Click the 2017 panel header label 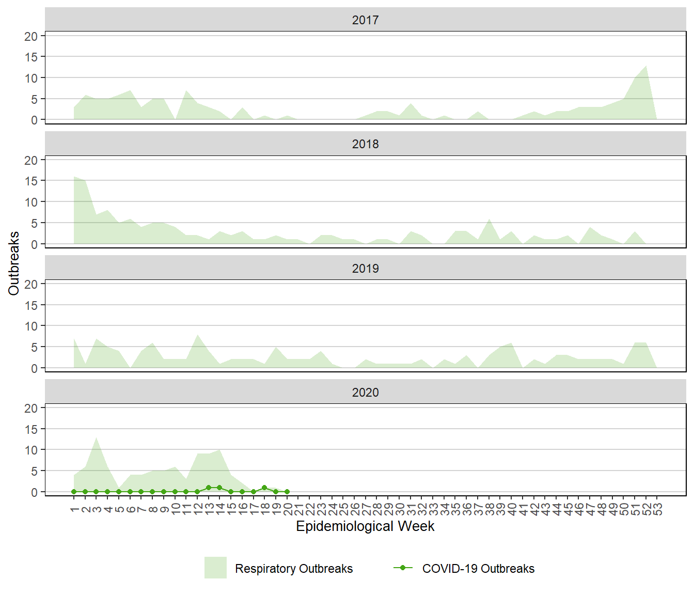pyautogui.click(x=365, y=20)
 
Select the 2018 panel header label pyautogui.click(x=365, y=144)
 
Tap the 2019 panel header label pyautogui.click(x=365, y=269)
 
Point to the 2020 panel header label pyautogui.click(x=365, y=393)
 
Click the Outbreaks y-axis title pyautogui.click(x=14, y=263)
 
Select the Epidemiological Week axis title pyautogui.click(x=365, y=526)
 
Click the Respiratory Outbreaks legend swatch pyautogui.click(x=215, y=568)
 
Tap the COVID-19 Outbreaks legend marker pyautogui.click(x=403, y=568)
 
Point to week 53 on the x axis pyautogui.click(x=657, y=509)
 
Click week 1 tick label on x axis pyautogui.click(x=74, y=509)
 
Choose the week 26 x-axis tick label pyautogui.click(x=354, y=509)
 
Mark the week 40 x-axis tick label pyautogui.click(x=512, y=509)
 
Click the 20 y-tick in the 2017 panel pyautogui.click(x=31, y=36)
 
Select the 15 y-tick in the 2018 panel pyautogui.click(x=31, y=181)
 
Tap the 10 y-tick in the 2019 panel pyautogui.click(x=31, y=326)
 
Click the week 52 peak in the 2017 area pyautogui.click(x=646, y=66)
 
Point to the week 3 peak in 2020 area pyautogui.click(x=97, y=438)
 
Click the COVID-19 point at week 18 pyautogui.click(x=264, y=488)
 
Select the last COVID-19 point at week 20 pyautogui.click(x=287, y=492)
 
